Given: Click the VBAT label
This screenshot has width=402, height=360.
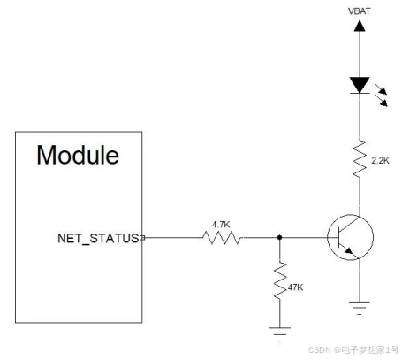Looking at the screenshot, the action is click(360, 11).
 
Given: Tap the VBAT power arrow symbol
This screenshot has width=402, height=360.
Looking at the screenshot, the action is click(360, 26).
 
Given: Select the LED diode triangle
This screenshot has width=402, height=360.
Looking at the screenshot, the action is click(360, 85).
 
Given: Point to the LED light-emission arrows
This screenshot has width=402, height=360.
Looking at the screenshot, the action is click(381, 95).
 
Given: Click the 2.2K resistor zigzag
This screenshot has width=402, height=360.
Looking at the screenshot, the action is click(360, 159).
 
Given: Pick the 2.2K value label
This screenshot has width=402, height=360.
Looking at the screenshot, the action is click(380, 161).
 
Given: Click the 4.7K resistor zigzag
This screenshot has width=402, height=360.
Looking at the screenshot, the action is click(223, 237).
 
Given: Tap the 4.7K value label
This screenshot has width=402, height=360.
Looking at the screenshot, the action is click(221, 225).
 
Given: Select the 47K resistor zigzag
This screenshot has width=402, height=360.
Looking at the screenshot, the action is click(280, 280).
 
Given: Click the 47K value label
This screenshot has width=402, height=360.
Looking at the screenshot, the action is click(295, 287).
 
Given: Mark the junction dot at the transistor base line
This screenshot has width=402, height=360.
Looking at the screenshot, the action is click(280, 237).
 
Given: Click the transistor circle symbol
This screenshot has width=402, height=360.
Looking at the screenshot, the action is click(351, 237).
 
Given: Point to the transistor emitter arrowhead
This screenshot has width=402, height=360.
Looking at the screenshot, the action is click(349, 250).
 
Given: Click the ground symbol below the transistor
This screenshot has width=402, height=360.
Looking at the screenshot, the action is click(360, 308).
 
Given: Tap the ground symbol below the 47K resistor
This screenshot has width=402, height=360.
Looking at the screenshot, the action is click(280, 334).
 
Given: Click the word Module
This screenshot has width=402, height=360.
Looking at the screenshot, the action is click(78, 155).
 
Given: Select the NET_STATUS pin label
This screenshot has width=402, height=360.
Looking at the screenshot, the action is click(98, 238).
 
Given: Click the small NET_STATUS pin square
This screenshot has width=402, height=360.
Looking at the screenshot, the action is click(142, 238).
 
